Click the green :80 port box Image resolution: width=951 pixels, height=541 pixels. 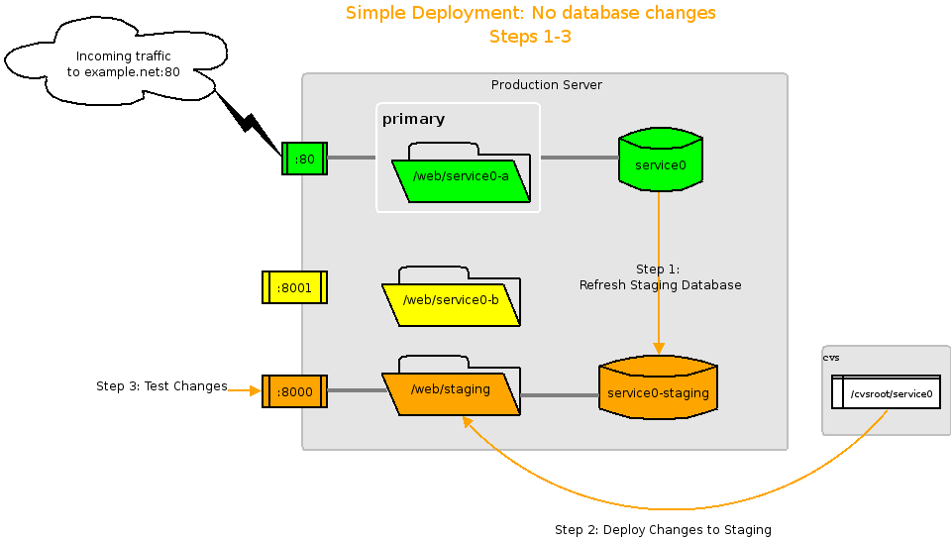click(304, 159)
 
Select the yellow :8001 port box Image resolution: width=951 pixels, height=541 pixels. click(294, 287)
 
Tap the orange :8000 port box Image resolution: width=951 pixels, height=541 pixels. click(294, 391)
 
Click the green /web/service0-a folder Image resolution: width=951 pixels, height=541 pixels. click(461, 178)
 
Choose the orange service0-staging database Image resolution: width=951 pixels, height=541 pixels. click(658, 393)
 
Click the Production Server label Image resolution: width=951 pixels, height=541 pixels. click(546, 85)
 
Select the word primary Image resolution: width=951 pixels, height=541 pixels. click(413, 120)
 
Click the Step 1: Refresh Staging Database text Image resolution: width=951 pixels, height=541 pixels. click(660, 277)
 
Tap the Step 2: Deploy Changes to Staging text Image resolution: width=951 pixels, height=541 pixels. click(663, 530)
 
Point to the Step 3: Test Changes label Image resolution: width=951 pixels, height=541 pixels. click(161, 386)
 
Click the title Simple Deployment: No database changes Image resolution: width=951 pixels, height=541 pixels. click(530, 13)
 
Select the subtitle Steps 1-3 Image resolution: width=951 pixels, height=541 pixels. click(530, 37)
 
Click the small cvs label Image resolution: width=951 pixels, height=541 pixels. click(831, 358)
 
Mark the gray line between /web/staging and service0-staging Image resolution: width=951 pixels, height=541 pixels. click(560, 395)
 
